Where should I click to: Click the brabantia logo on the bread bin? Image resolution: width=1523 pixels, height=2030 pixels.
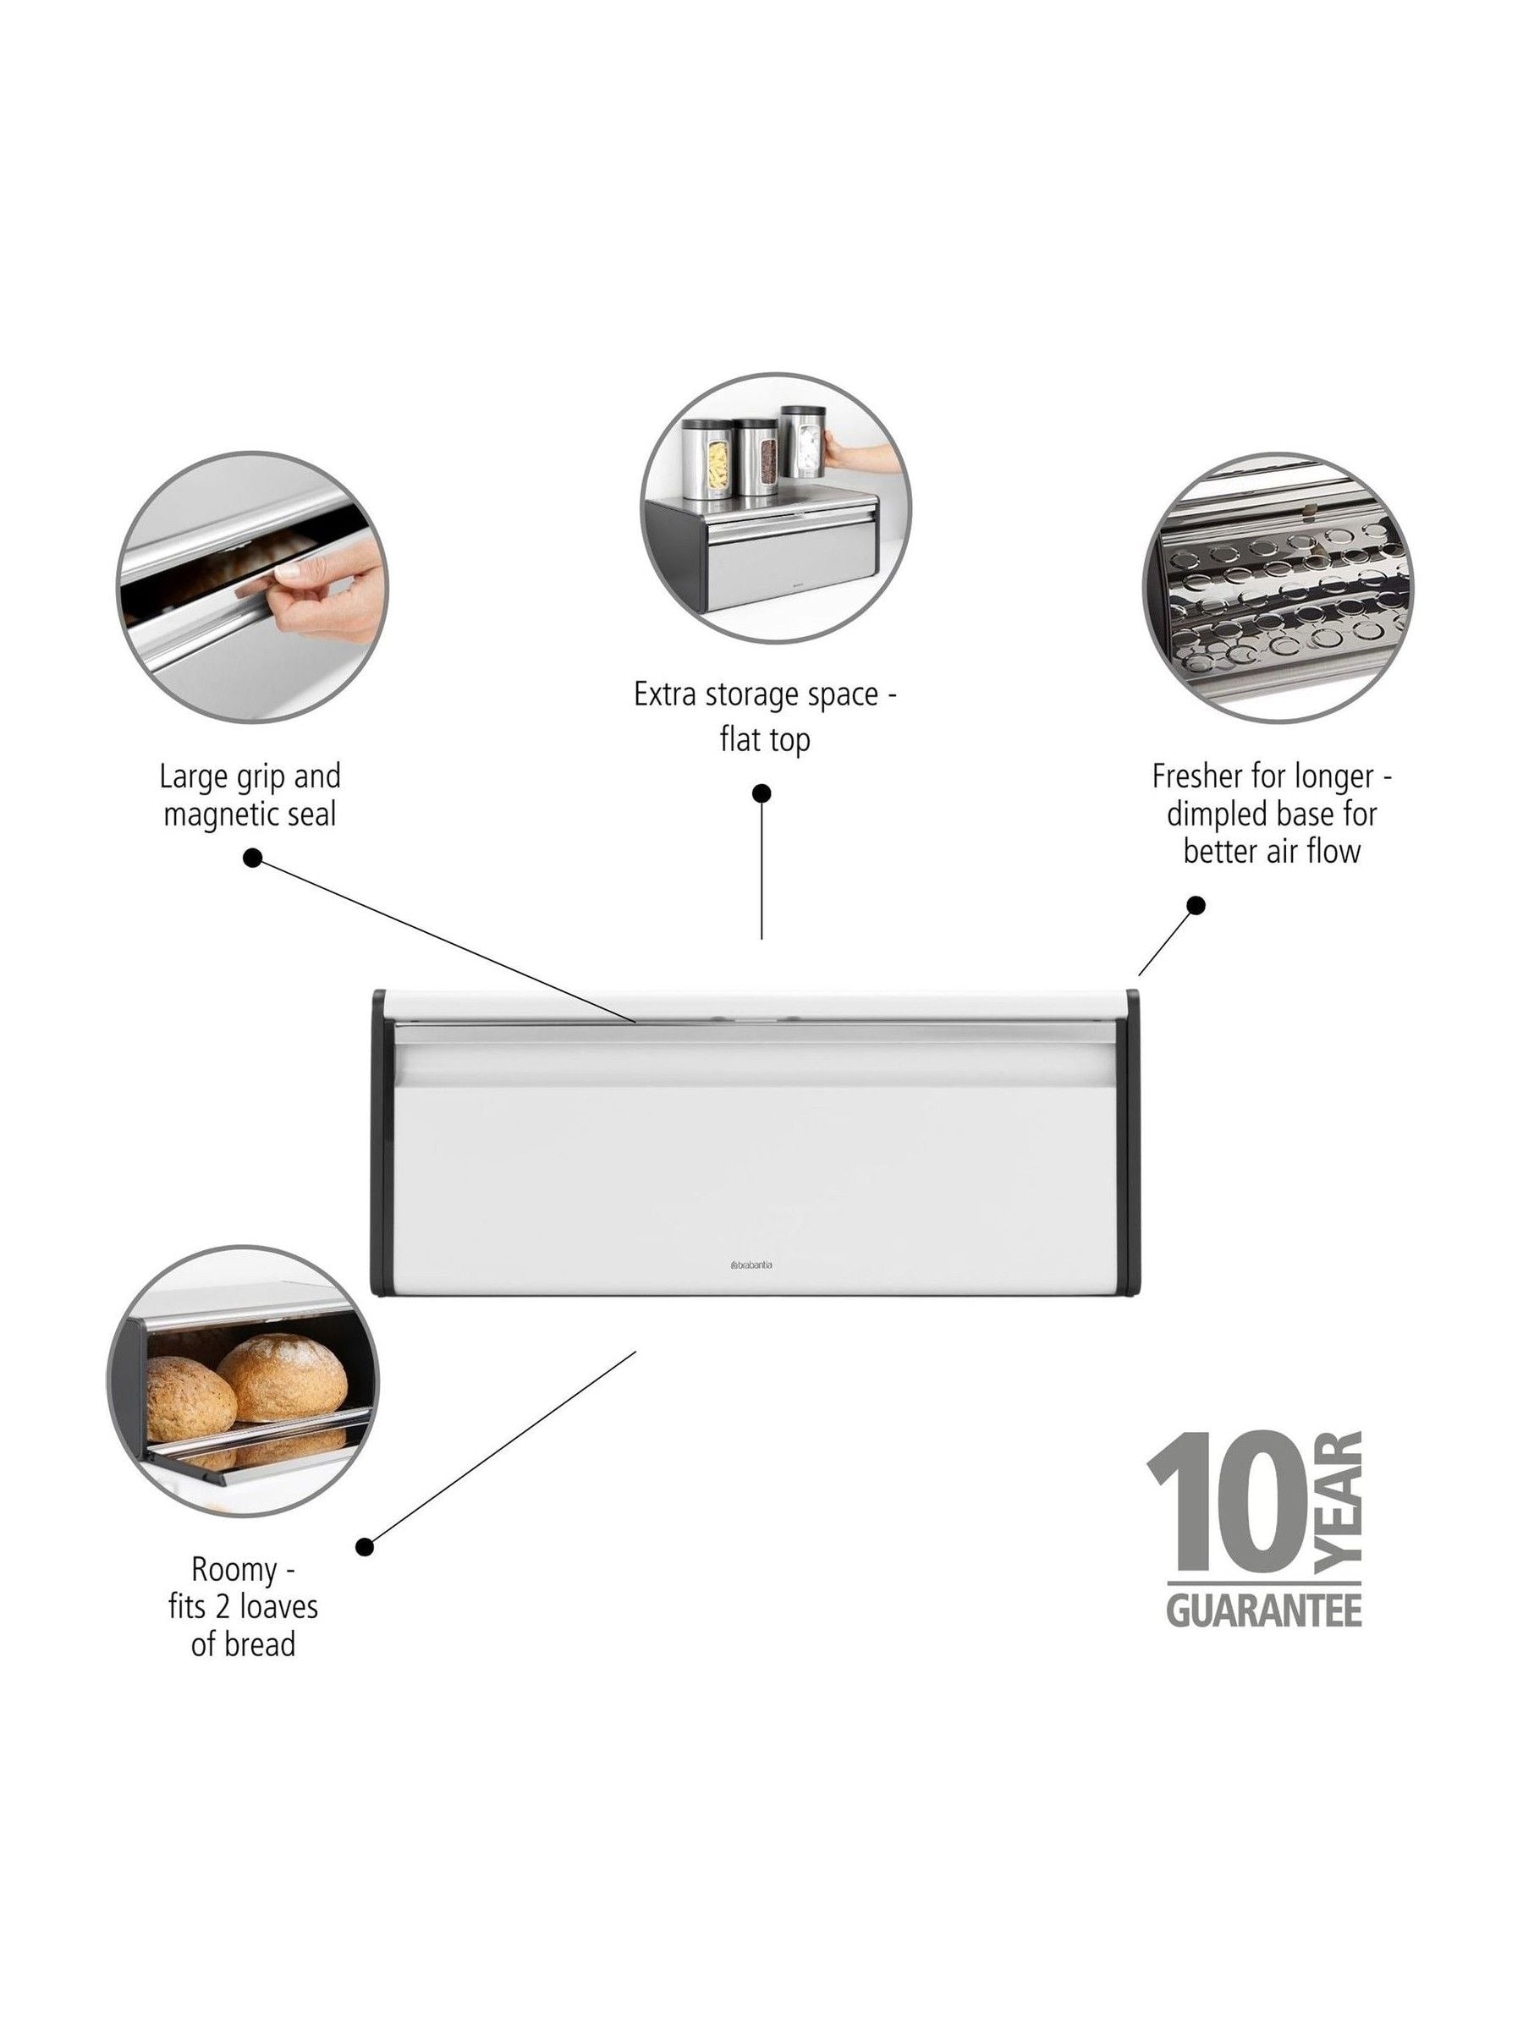751,1264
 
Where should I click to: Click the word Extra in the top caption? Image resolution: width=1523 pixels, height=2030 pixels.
667,694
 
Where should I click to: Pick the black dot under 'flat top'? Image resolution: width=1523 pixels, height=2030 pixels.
761,793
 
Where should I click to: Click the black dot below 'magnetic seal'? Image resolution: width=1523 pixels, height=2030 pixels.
253,858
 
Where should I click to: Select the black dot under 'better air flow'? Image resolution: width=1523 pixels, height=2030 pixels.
1196,905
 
